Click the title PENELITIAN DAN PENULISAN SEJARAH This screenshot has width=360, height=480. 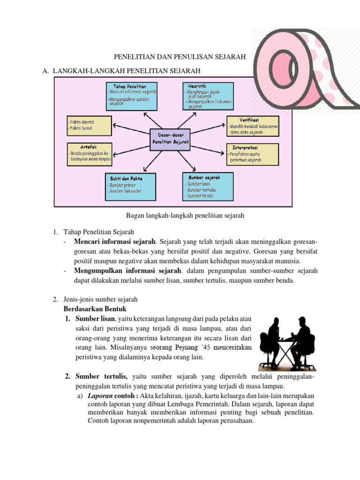(180, 57)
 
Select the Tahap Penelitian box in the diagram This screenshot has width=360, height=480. (130, 96)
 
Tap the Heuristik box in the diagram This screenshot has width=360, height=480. (207, 96)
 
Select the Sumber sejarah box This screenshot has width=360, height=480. (207, 186)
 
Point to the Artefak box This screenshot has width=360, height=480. (90, 154)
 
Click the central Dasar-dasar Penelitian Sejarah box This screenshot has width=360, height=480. (170, 139)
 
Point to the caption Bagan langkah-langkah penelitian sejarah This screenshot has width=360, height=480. (186, 216)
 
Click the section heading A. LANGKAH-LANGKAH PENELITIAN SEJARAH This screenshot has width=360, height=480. (121, 71)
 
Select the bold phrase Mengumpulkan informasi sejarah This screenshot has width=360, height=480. (127, 270)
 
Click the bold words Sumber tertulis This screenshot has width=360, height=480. (102, 376)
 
